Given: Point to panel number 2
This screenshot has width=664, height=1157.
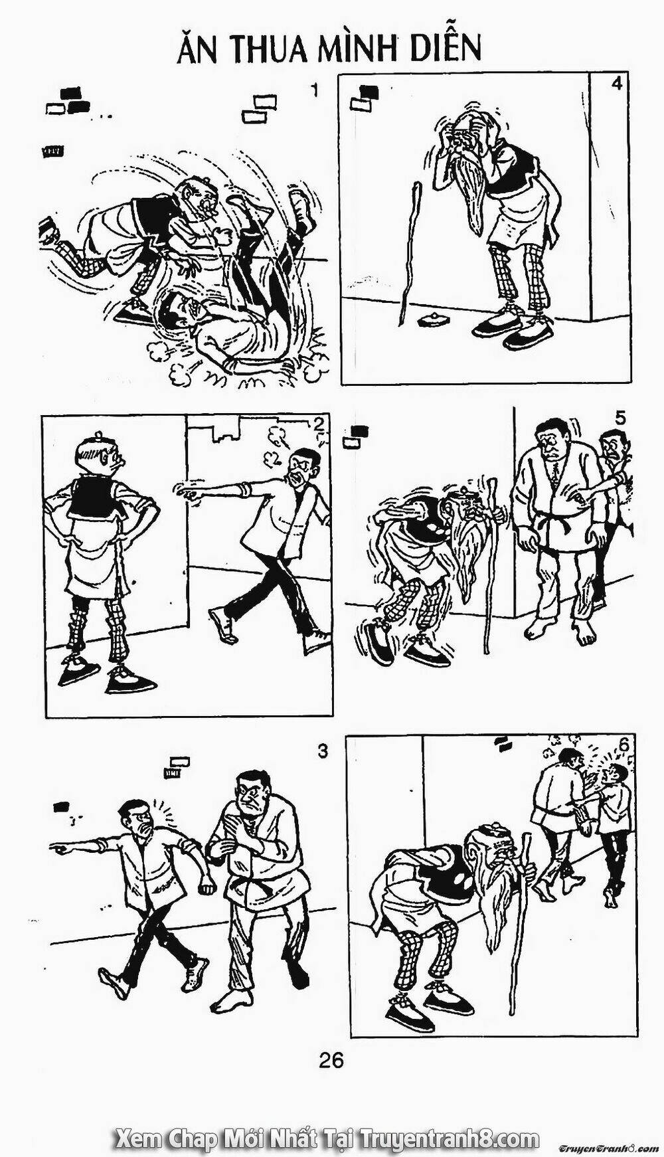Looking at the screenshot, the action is point(319,424).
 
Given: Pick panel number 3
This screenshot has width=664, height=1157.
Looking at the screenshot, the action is point(323,751).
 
